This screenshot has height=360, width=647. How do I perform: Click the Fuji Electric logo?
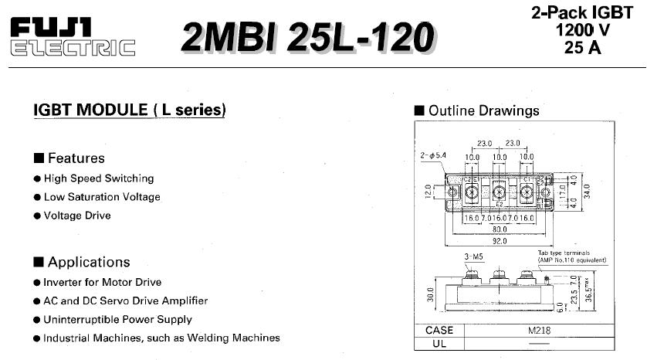point(73,36)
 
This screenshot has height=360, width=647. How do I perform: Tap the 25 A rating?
point(582,47)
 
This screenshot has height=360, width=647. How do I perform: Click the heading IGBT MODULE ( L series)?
point(130,110)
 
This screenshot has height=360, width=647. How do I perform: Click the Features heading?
point(76,158)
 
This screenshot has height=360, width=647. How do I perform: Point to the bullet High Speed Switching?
point(99,178)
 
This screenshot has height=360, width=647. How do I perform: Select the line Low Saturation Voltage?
point(102,197)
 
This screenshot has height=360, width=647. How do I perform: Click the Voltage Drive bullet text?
point(77,216)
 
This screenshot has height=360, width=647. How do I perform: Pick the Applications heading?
point(88,262)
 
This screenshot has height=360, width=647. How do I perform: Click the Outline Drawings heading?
point(483,110)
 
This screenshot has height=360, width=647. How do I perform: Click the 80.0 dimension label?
point(499,229)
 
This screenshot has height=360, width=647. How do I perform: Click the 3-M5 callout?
point(473,256)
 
